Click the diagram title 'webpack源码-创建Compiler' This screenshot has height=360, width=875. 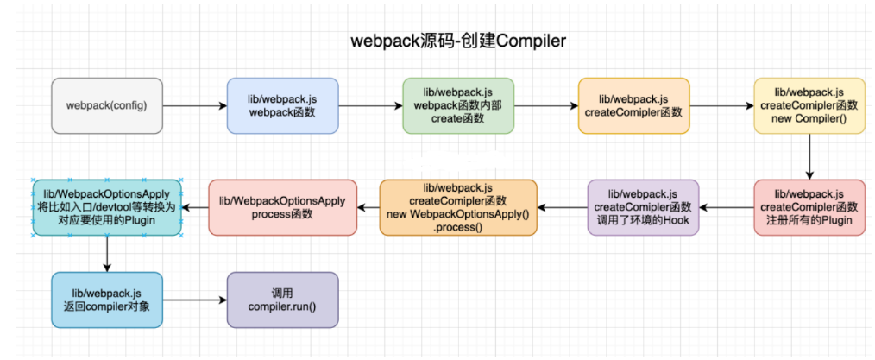[x=459, y=41]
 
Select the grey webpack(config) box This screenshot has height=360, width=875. [x=107, y=105]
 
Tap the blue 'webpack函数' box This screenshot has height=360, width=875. [x=283, y=105]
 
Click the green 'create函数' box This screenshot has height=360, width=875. [x=458, y=105]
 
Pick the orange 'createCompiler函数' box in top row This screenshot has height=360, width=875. [x=634, y=105]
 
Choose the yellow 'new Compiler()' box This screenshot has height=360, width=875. [x=809, y=105]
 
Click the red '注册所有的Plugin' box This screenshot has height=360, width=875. [x=809, y=207]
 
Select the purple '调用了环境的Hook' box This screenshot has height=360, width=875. [x=644, y=207]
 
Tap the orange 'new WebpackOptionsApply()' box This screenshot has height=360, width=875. [x=458, y=207]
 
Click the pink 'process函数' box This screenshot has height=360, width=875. [x=282, y=207]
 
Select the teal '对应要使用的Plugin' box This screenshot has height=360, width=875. [x=107, y=207]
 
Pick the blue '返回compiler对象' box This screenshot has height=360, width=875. [x=107, y=300]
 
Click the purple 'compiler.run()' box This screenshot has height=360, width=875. [x=283, y=300]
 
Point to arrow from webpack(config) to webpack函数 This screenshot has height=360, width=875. [x=194, y=106]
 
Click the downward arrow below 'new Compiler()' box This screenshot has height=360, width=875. [x=809, y=156]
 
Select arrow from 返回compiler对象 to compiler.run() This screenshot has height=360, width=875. [x=194, y=300]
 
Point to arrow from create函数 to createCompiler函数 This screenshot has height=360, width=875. [x=546, y=106]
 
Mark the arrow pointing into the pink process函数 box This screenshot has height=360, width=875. [x=368, y=207]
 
